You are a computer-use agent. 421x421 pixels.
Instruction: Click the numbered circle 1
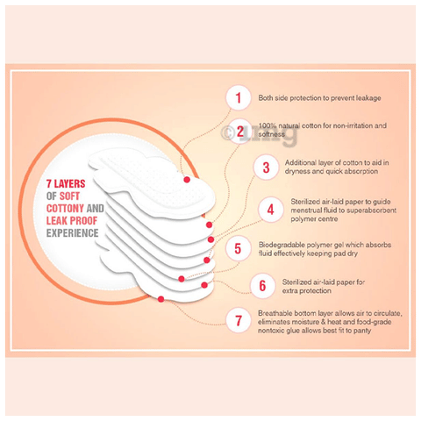239,98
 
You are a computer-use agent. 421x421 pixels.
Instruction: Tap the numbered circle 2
239,132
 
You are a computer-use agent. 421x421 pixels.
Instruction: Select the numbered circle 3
266,168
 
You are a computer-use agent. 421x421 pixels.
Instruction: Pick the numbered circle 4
270,210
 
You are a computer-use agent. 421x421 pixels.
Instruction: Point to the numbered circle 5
238,249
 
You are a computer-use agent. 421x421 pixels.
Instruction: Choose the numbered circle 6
262,286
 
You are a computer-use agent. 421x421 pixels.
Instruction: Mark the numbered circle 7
239,320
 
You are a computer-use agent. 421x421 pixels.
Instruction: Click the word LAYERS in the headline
69,184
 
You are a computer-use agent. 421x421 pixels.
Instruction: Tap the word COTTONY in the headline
65,209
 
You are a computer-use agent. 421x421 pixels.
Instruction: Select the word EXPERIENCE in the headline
73,233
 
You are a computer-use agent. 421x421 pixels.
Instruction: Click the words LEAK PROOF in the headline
72,221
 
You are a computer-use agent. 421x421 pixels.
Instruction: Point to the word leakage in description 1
368,98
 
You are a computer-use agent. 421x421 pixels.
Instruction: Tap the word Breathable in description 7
275,313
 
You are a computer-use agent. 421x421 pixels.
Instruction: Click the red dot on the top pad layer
187,180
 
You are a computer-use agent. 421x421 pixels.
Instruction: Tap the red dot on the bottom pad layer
161,299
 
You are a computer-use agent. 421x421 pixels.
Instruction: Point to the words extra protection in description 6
307,291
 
